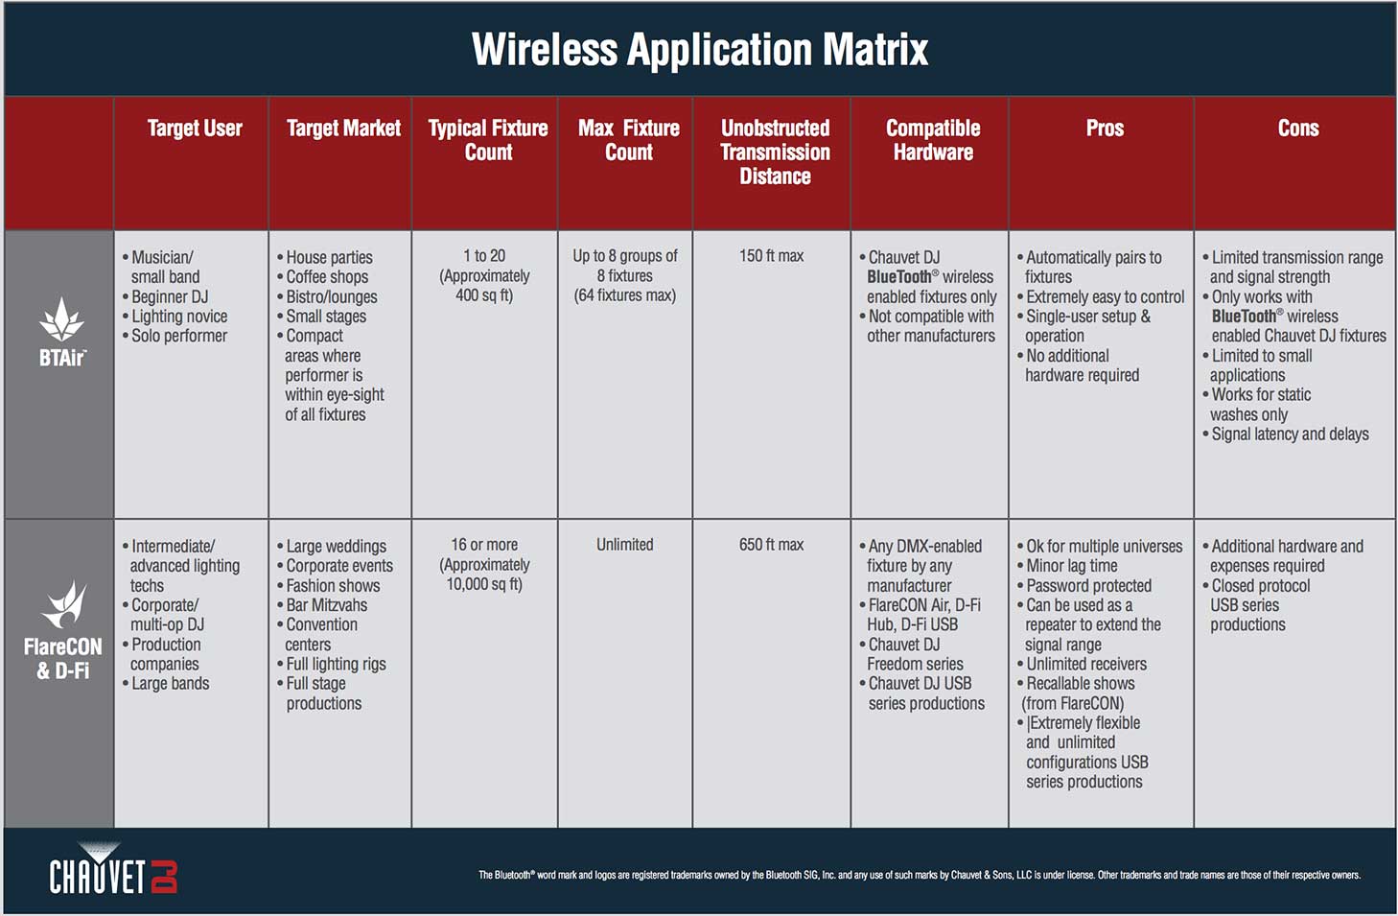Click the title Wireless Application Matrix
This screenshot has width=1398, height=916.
point(700,50)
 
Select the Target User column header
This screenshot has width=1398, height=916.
point(195,128)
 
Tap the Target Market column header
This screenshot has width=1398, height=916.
point(344,128)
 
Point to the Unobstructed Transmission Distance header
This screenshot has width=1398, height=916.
point(775,153)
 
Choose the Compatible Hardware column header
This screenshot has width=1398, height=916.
point(933,140)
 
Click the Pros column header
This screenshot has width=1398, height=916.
point(1105,128)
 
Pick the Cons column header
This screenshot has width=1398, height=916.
point(1298,128)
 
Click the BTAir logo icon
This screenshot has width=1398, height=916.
point(61,319)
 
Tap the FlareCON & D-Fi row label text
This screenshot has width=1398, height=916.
point(63,658)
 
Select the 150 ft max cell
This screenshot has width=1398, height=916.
point(772,256)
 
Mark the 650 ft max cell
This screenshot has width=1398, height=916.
point(772,545)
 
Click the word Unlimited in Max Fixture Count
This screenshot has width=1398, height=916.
point(625,545)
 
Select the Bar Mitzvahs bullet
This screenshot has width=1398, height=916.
point(322,605)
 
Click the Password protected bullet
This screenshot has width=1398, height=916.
point(1084,586)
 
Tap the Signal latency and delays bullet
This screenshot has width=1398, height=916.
point(1286,434)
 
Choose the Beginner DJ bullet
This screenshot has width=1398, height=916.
point(165,296)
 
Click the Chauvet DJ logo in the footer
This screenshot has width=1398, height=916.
point(113,869)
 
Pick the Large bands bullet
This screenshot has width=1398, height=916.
point(166,684)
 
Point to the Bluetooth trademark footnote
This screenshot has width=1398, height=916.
point(920,875)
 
